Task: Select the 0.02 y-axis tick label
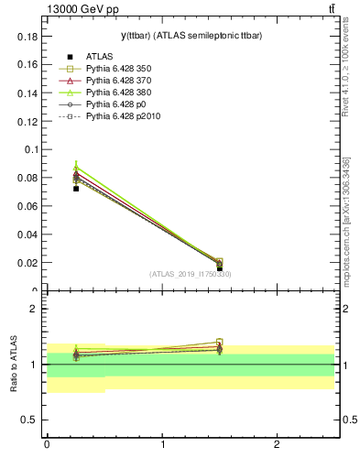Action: [31, 262]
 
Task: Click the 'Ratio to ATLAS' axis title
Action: [14, 364]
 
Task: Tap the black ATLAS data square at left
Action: [76, 189]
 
